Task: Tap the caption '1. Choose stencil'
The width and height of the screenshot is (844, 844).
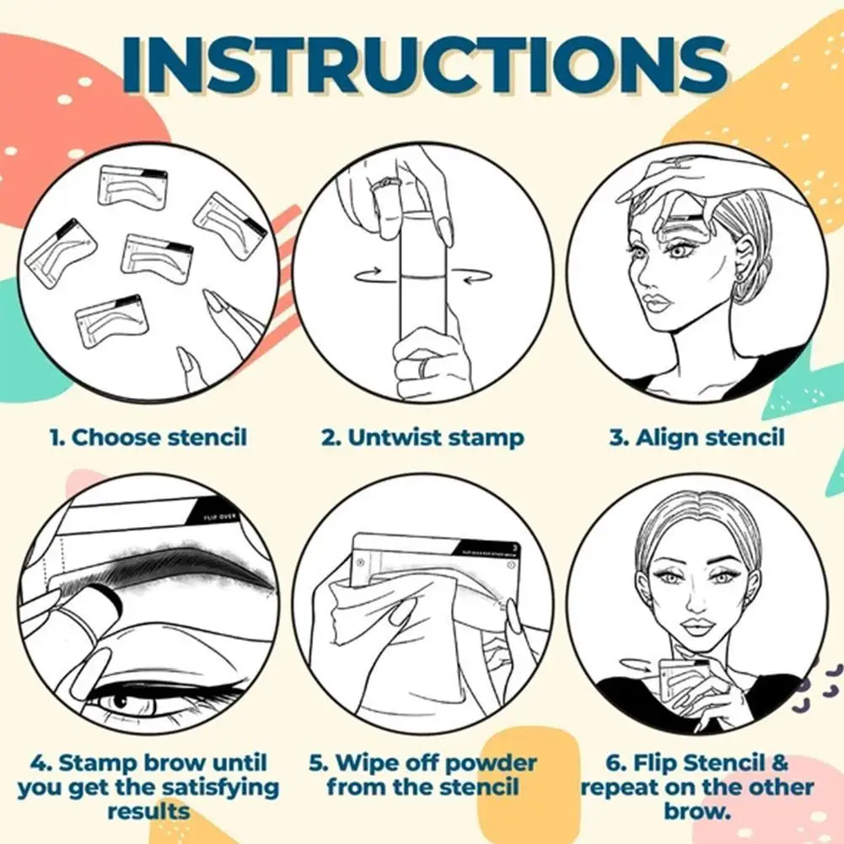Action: click(148, 438)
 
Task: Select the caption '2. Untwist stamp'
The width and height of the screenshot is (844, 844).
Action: click(422, 438)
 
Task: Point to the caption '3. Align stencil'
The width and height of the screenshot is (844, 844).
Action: click(697, 438)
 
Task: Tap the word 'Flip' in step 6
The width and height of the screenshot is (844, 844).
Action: click(640, 764)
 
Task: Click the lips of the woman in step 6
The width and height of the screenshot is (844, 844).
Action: click(697, 627)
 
